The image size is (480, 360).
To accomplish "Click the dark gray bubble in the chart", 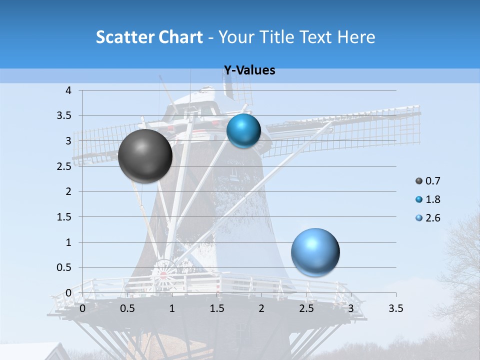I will point(145,156).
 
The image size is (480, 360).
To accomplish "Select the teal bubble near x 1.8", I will point(243,130).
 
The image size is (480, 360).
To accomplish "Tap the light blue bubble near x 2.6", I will point(315,252).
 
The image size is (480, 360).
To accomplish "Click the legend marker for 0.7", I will point(418,181).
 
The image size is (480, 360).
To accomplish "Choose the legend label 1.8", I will point(432,199).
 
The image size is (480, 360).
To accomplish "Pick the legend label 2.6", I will point(432,218).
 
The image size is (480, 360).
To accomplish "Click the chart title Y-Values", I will point(249,70).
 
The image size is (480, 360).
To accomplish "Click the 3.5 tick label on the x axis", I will point(396,308).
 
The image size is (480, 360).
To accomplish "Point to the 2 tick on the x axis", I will point(261,308).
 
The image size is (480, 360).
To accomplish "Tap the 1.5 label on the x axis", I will point(217,308).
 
